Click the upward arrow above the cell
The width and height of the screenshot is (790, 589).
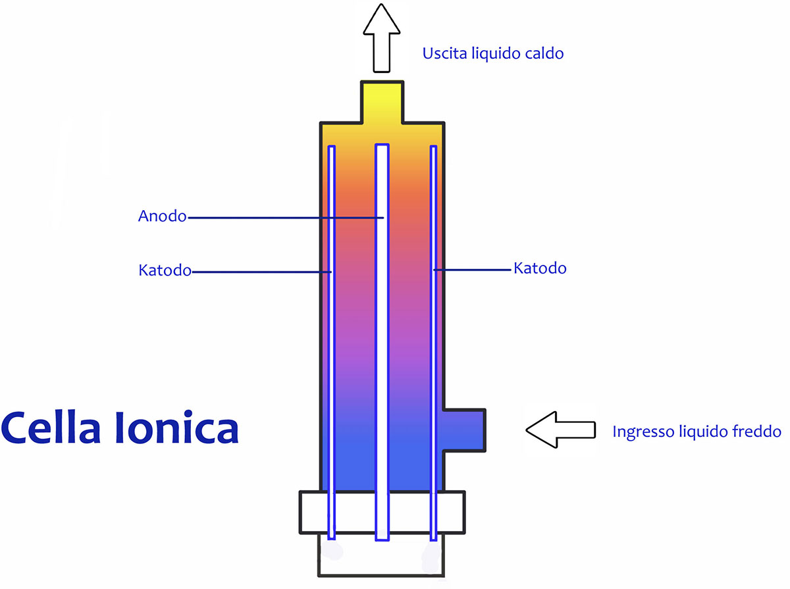click(381, 38)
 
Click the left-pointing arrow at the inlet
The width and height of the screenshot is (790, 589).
click(561, 430)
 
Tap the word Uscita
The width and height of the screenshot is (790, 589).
click(444, 53)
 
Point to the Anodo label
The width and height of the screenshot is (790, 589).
click(162, 216)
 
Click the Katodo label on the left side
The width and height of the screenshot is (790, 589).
click(165, 270)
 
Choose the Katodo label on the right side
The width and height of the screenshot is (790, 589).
click(540, 268)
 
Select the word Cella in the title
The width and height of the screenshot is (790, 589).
click(51, 428)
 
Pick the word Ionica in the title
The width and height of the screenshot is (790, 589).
click(176, 427)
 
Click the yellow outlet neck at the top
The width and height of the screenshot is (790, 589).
click(382, 102)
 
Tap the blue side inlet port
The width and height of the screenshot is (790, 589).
click(464, 430)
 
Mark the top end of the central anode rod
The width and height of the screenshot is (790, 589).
click(382, 144)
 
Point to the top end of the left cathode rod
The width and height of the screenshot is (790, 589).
click(331, 146)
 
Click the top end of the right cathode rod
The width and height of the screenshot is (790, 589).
click(433, 146)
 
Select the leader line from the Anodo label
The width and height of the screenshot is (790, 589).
click(286, 217)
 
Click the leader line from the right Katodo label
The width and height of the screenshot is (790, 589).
click(472, 270)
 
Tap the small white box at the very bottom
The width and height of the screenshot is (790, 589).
click(381, 555)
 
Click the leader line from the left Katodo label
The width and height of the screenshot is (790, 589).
click(262, 272)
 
